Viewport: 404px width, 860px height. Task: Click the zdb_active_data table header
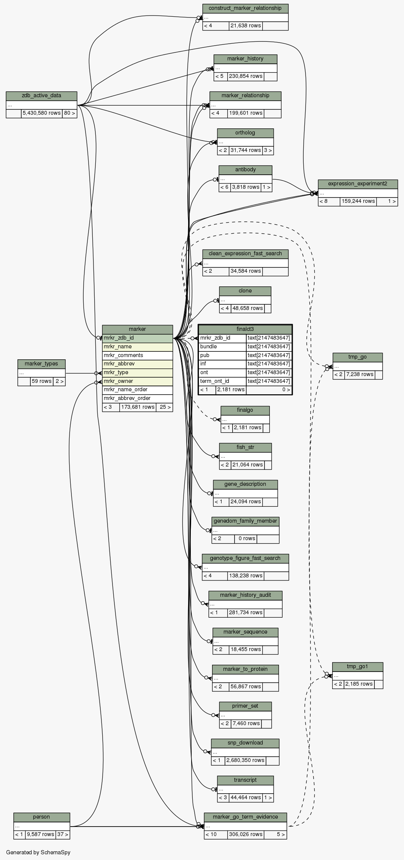click(x=41, y=96)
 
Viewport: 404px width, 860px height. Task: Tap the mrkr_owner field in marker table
click(x=118, y=381)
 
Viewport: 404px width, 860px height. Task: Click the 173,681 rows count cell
click(x=138, y=407)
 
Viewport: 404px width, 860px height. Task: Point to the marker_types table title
click(x=41, y=364)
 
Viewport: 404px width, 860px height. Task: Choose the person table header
click(x=41, y=817)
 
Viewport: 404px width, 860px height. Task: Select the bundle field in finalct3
click(x=209, y=346)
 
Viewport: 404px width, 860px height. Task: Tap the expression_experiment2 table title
click(x=358, y=184)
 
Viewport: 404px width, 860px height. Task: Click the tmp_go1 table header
click(x=357, y=667)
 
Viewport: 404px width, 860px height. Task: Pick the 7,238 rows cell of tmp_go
click(x=359, y=375)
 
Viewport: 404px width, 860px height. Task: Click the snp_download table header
click(x=245, y=743)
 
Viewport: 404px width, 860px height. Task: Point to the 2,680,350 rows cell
click(x=246, y=760)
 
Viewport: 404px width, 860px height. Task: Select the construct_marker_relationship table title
click(x=245, y=8)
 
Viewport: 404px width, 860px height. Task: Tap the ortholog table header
click(x=245, y=133)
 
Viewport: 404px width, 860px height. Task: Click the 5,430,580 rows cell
click(x=41, y=113)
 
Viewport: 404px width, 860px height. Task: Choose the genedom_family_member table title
click(x=245, y=521)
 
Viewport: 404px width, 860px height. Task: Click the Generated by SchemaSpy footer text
click(x=38, y=852)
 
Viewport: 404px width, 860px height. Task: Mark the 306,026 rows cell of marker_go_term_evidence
click(x=246, y=834)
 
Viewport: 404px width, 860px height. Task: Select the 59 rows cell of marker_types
click(x=41, y=381)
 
